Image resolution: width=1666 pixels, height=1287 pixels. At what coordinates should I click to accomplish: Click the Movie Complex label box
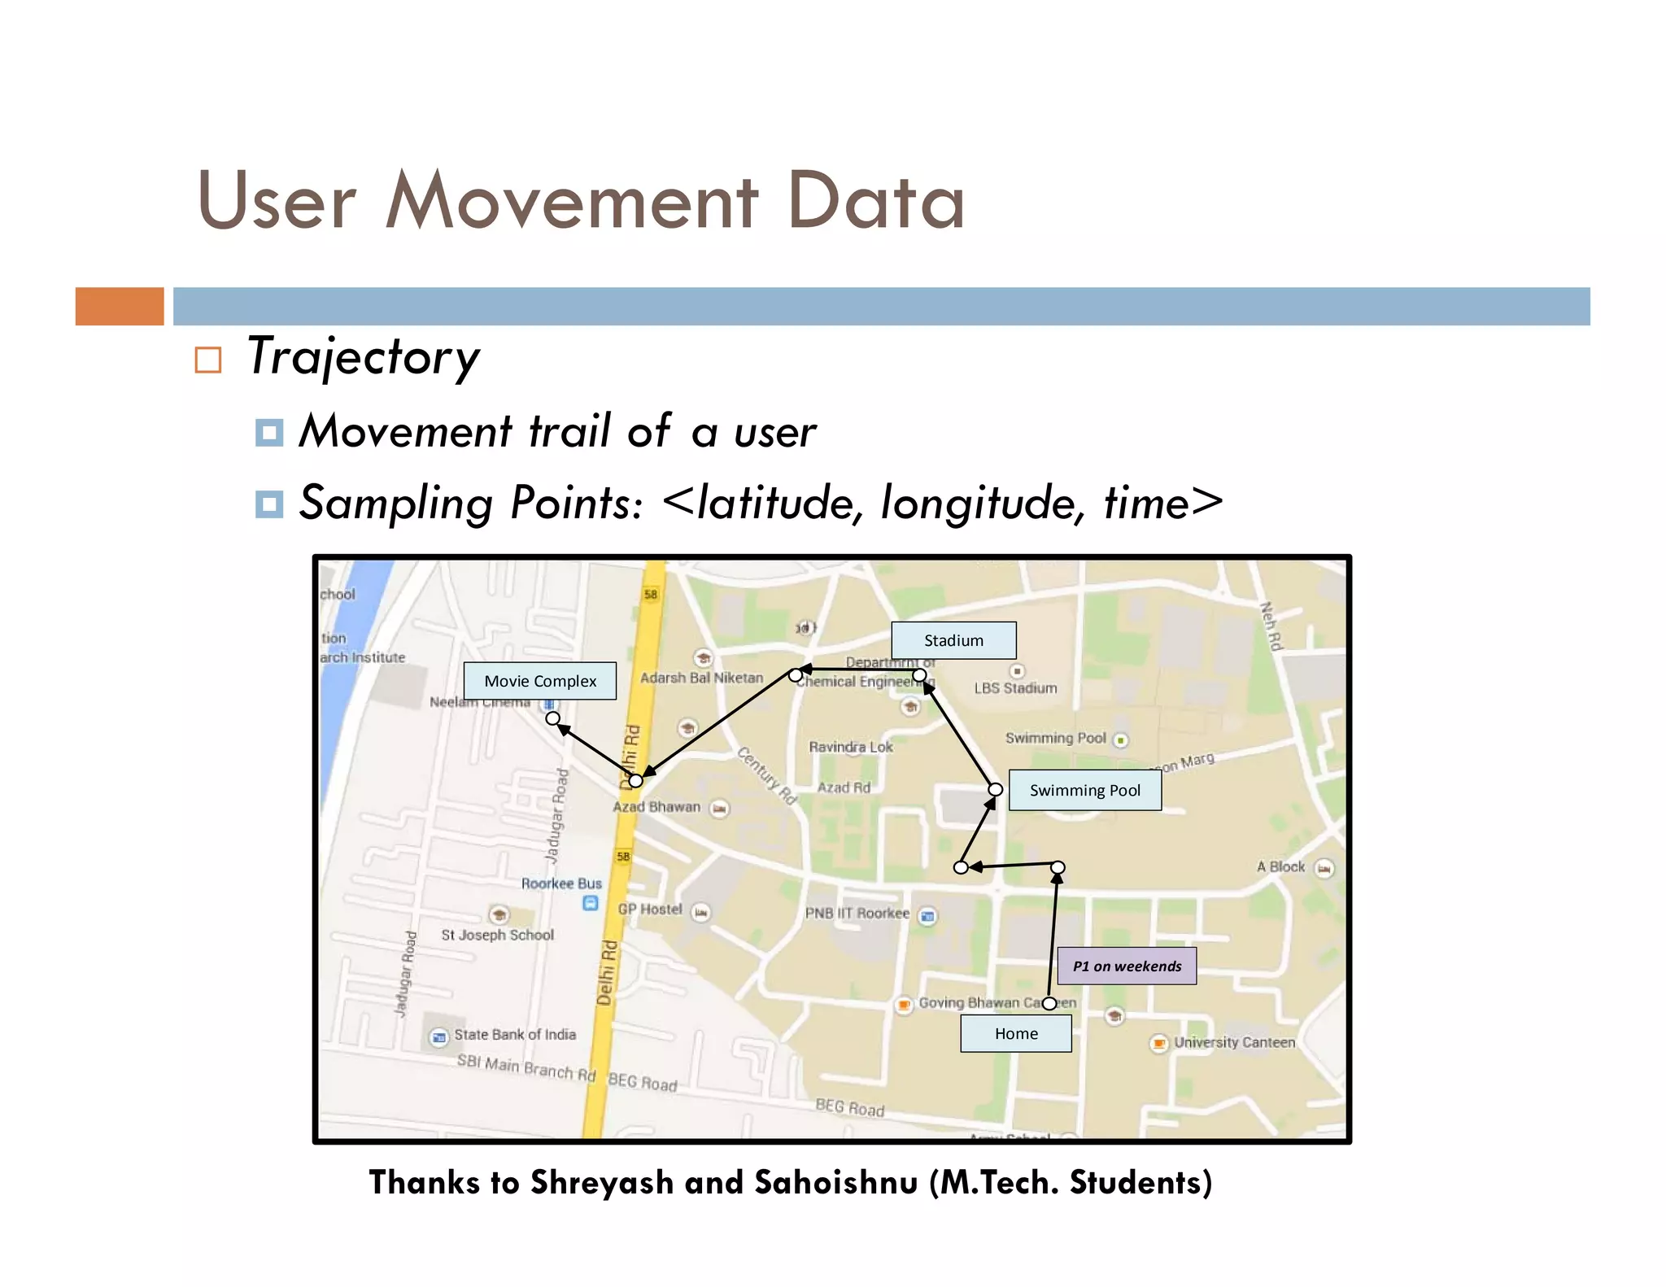click(x=539, y=681)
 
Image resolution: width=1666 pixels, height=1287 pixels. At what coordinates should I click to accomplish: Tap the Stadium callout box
click(x=953, y=640)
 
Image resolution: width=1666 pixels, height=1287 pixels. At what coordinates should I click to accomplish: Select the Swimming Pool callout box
click(x=1084, y=790)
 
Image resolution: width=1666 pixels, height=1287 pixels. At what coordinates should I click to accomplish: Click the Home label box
click(x=1015, y=1033)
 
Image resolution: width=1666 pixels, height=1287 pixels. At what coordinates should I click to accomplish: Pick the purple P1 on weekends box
click(x=1127, y=966)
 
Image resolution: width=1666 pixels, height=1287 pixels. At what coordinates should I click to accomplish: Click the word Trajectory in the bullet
click(x=363, y=357)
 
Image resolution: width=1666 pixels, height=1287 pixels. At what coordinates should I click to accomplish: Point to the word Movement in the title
click(x=572, y=200)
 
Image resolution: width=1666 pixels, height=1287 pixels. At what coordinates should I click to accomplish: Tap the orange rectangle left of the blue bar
click(x=120, y=307)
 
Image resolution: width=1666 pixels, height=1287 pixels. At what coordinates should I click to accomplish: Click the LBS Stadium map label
click(x=1015, y=688)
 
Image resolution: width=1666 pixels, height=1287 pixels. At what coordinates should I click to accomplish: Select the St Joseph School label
click(x=497, y=935)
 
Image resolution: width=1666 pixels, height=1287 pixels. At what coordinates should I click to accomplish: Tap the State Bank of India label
click(x=514, y=1035)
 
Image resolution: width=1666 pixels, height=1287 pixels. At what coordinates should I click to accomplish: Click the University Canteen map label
click(x=1233, y=1042)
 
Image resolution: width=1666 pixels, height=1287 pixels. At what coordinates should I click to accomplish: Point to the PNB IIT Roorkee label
click(x=857, y=913)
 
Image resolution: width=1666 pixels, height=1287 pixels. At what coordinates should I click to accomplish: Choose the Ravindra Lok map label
click(x=850, y=747)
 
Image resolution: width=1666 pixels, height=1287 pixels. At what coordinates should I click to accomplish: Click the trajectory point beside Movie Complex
click(x=553, y=718)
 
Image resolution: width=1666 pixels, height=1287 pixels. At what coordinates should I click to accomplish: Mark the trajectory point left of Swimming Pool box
click(x=995, y=789)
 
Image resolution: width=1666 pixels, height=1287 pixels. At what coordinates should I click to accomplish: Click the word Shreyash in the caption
click(x=601, y=1182)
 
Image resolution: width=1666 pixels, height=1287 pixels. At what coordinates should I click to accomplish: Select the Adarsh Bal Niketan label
click(x=701, y=678)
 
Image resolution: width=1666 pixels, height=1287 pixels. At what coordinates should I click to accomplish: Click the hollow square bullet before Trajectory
click(x=208, y=360)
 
